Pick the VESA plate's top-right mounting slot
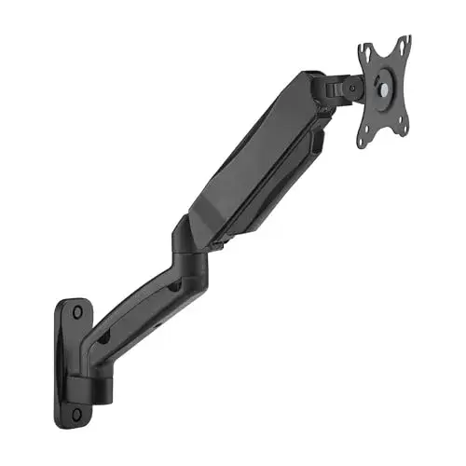[403, 45]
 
